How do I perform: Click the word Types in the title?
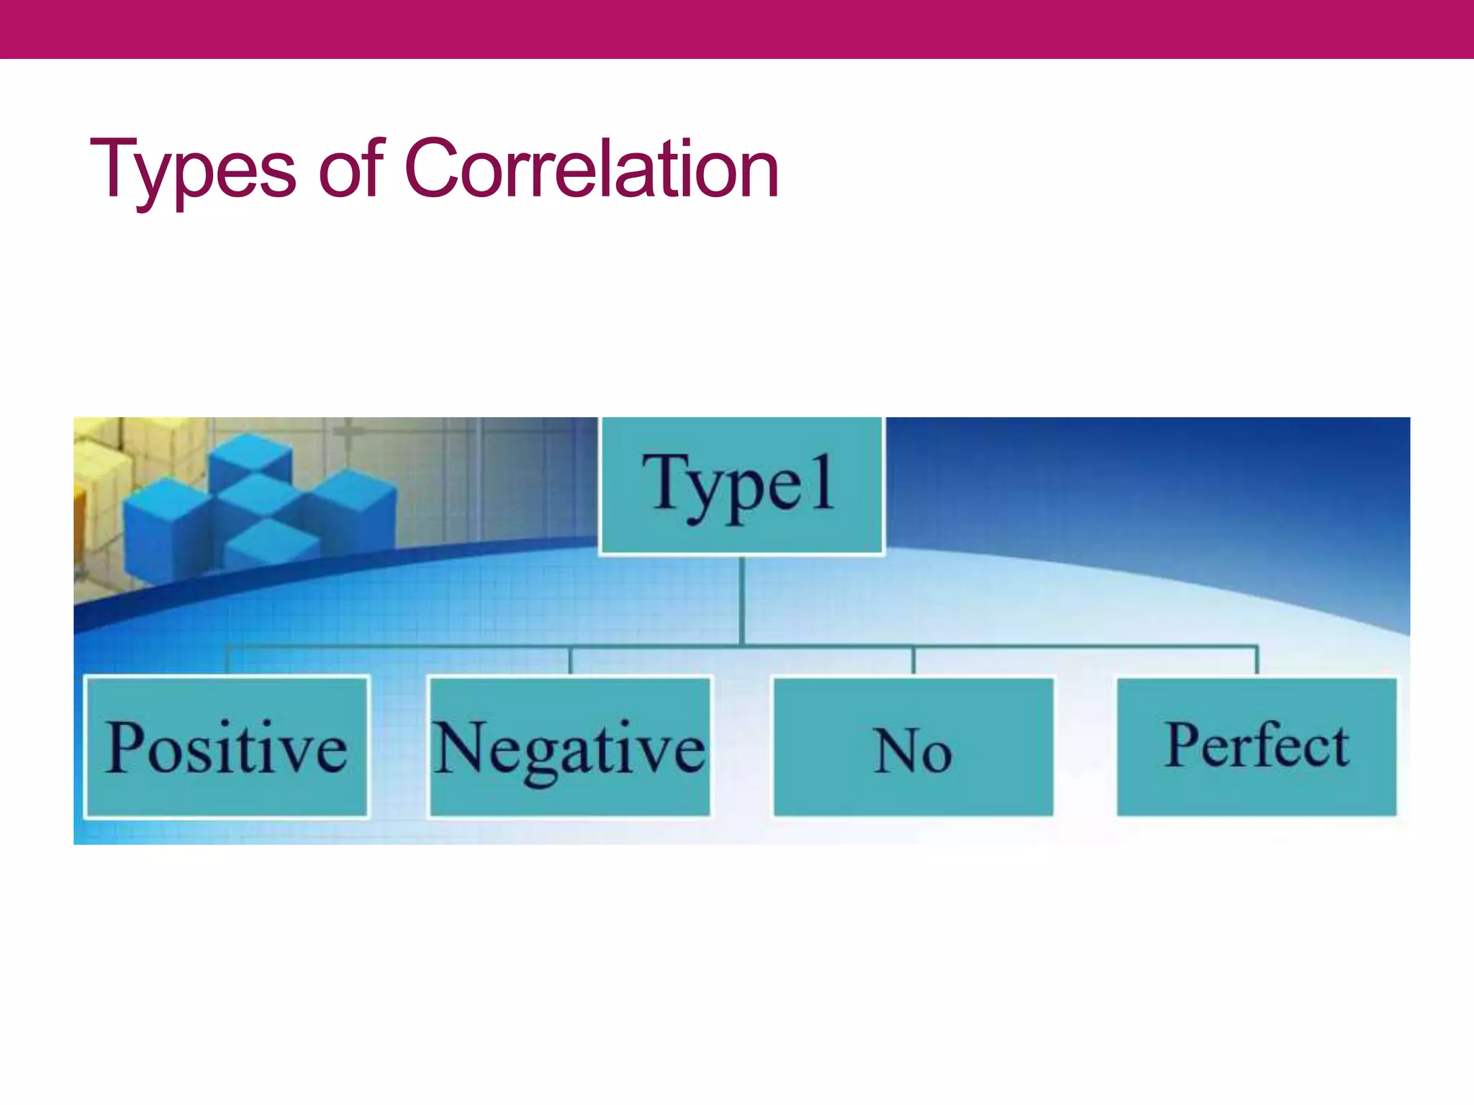point(192,170)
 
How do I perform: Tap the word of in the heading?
point(351,168)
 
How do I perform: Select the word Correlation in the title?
point(592,168)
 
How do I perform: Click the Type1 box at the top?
point(741,486)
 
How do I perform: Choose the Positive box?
point(227,747)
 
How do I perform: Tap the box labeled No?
point(913,747)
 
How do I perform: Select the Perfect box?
point(1257,747)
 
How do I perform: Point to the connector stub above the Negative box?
point(570,660)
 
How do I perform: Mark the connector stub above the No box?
point(913,660)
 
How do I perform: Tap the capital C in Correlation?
point(440,168)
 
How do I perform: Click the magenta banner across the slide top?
point(737,29)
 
